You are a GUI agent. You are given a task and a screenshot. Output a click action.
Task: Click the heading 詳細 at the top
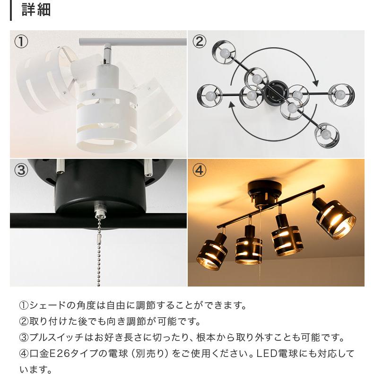pyautogui.click(x=36, y=10)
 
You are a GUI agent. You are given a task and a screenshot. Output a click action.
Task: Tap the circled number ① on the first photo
pyautogui.click(x=21, y=42)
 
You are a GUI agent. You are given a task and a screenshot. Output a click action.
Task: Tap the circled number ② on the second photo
pyautogui.click(x=199, y=42)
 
